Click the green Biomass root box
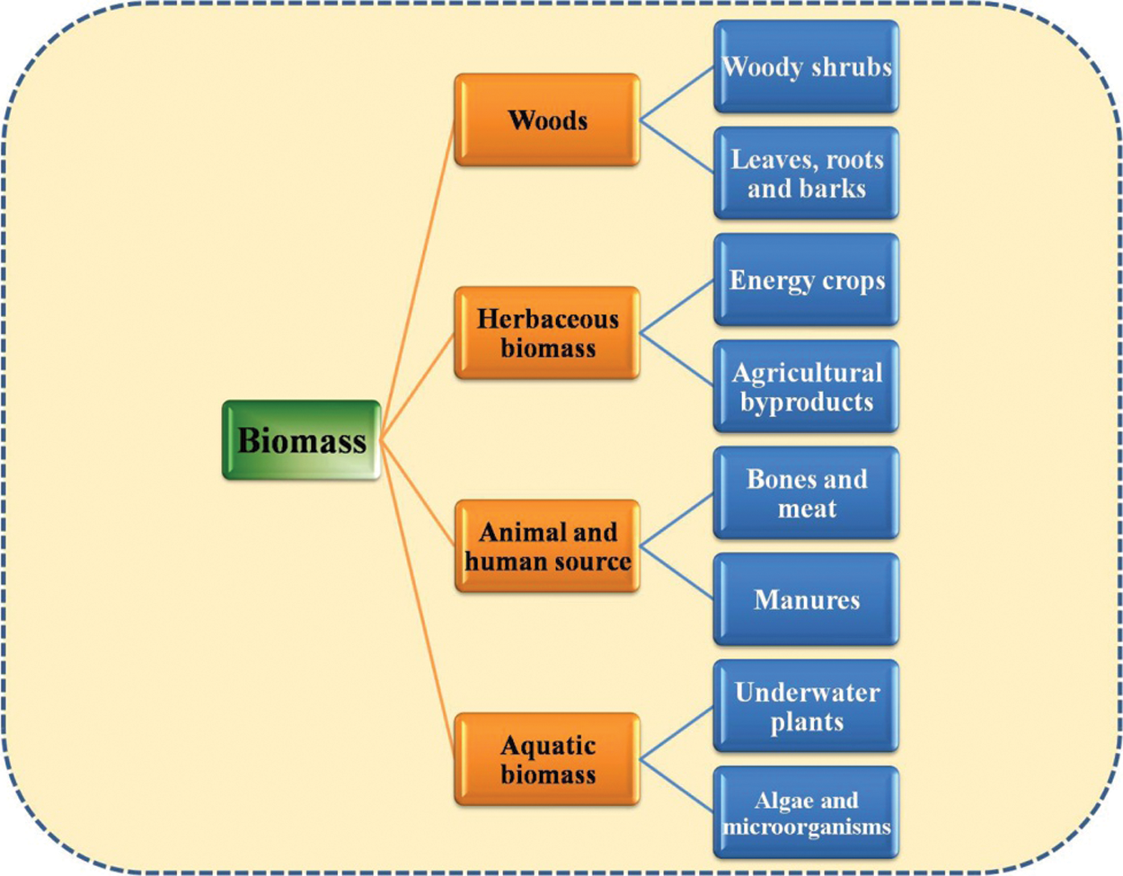(302, 440)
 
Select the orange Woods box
(547, 120)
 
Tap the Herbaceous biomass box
(547, 333)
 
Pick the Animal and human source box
(547, 546)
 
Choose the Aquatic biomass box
(547, 759)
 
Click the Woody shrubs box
(806, 67)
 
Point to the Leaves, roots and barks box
(806, 173)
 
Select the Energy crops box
(806, 280)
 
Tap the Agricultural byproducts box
(806, 386)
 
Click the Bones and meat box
(806, 493)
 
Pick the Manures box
(806, 599)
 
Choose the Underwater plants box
(806, 706)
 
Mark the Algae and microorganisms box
(806, 812)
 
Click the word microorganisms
(806, 827)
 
